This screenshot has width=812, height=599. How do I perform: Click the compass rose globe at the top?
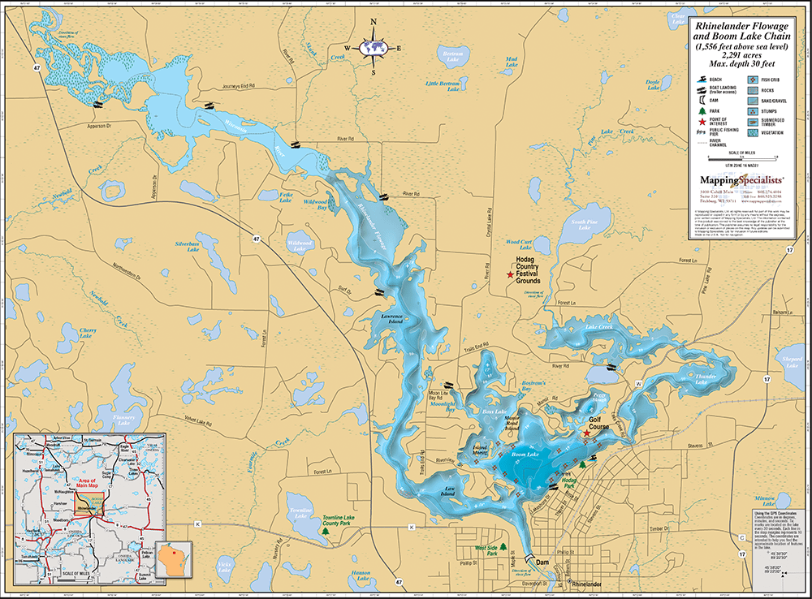(374, 47)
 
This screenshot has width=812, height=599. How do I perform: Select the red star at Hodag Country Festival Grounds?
(510, 277)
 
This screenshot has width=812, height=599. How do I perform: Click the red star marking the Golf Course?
(587, 434)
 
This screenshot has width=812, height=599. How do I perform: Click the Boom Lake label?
(525, 455)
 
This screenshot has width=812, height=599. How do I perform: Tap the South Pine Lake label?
(580, 225)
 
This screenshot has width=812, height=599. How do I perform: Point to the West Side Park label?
(485, 551)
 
